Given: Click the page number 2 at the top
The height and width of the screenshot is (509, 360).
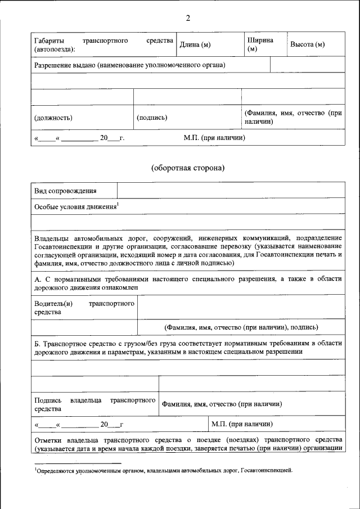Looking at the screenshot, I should tap(188, 18).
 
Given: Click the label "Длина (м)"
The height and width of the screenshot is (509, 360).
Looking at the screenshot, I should tap(195, 45).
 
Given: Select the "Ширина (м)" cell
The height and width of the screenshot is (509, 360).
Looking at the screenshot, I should tap(260, 45).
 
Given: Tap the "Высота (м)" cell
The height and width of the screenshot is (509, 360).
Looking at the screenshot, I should tap(307, 45).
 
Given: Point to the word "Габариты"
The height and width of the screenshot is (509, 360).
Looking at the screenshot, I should tap(49, 41).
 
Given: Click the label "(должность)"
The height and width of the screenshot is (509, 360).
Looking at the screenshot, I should tap(53, 118).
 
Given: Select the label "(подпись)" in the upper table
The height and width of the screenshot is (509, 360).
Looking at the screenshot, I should tap(152, 118).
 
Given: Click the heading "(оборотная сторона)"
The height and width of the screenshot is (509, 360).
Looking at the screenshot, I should tap(188, 168).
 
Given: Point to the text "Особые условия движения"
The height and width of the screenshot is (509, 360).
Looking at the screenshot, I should tap(75, 207).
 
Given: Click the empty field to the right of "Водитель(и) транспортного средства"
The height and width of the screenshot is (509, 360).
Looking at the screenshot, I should tap(241, 308).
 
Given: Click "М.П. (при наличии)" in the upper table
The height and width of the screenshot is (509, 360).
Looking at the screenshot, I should tap(214, 137).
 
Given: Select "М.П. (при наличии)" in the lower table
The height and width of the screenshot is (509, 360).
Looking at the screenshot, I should tap(242, 424).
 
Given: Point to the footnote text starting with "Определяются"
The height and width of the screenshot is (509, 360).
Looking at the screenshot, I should tap(163, 470).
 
